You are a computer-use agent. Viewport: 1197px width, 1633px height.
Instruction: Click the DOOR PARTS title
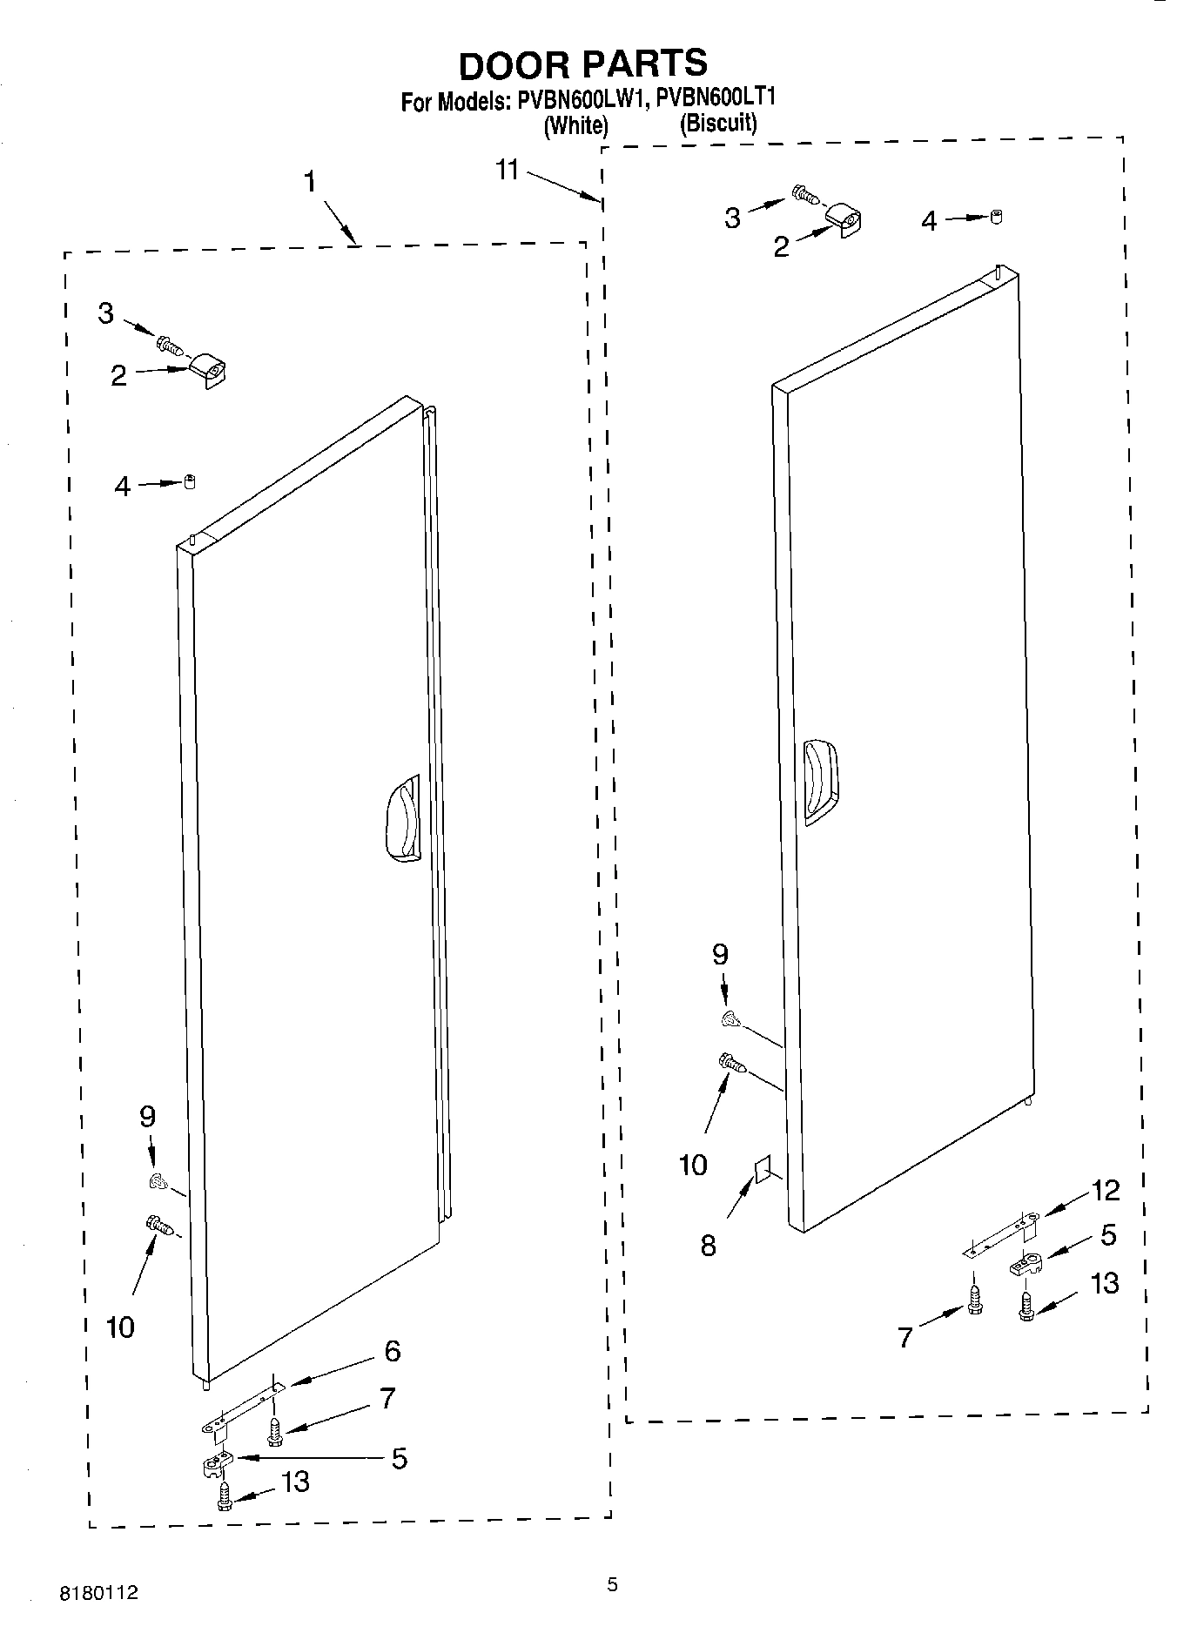pyautogui.click(x=582, y=64)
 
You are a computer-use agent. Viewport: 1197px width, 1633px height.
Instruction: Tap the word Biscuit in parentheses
pyautogui.click(x=717, y=123)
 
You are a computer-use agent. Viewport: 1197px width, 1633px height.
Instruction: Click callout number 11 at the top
pyautogui.click(x=508, y=169)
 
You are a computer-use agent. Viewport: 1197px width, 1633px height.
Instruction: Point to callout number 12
pyautogui.click(x=1106, y=1189)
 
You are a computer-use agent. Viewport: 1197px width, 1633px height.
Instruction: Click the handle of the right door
pyautogui.click(x=820, y=781)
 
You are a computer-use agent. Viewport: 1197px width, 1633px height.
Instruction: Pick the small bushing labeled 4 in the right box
pyautogui.click(x=997, y=217)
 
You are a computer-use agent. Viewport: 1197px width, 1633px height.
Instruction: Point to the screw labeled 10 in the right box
pyautogui.click(x=730, y=1063)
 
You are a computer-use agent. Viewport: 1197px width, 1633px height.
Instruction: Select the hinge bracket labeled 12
pyautogui.click(x=1001, y=1234)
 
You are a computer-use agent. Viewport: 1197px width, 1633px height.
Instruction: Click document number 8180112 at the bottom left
pyautogui.click(x=98, y=1593)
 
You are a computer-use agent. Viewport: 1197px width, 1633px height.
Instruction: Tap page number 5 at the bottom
pyautogui.click(x=612, y=1584)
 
